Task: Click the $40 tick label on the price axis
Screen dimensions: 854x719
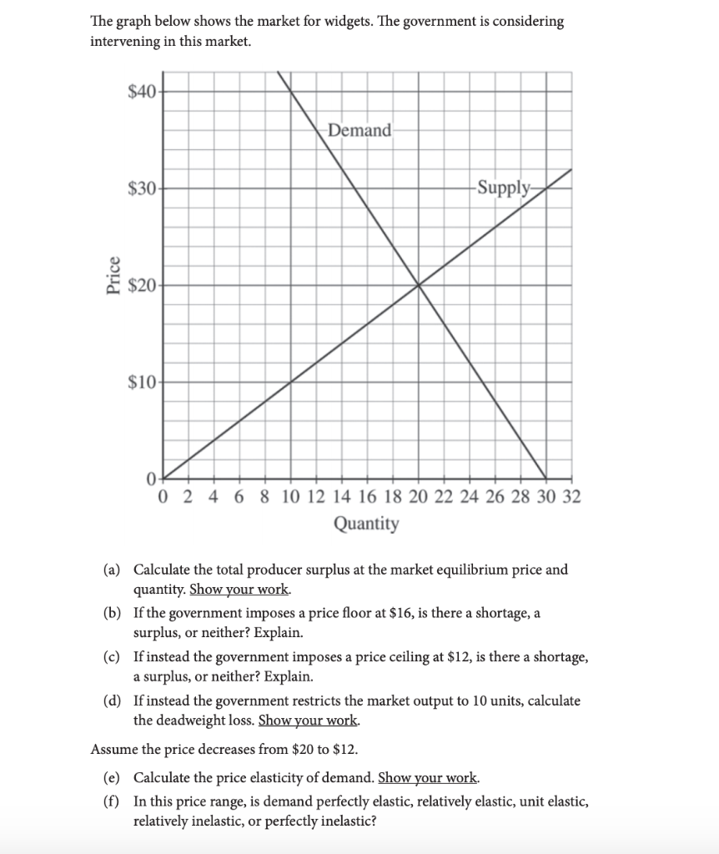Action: [x=142, y=92]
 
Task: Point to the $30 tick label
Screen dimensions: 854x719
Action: [x=142, y=188]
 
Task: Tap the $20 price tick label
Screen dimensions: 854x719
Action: [x=142, y=285]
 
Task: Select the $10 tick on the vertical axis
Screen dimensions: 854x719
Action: [x=142, y=383]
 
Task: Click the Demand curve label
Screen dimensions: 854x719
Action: [x=359, y=131]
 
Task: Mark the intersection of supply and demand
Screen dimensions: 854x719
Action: [x=419, y=285]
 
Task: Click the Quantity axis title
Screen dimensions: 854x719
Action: [x=366, y=524]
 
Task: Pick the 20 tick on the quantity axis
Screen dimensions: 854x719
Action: [x=419, y=498]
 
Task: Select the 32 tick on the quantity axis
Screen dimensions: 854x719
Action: [x=572, y=498]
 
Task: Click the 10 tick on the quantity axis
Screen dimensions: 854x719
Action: [x=291, y=498]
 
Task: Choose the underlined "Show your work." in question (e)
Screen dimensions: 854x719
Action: [x=429, y=779]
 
